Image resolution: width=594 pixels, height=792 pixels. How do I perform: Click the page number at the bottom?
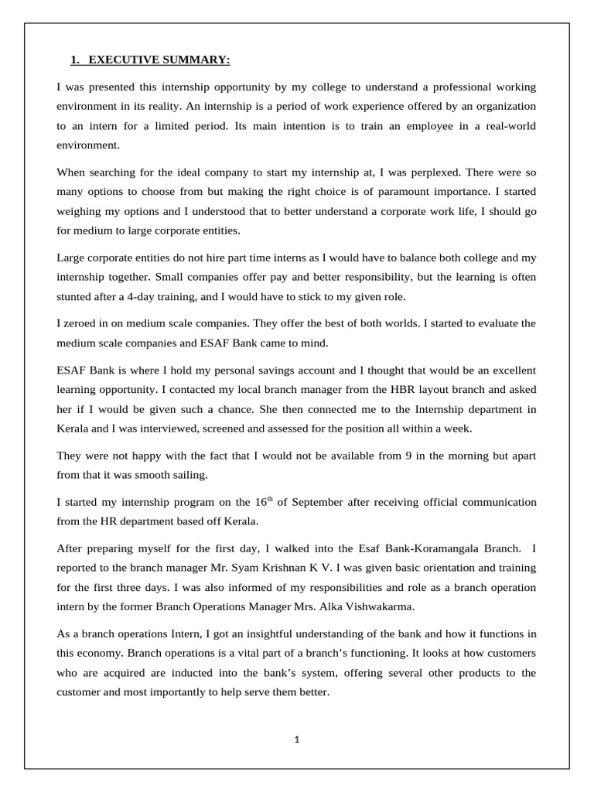click(x=296, y=739)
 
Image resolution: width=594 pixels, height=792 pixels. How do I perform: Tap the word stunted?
click(x=76, y=295)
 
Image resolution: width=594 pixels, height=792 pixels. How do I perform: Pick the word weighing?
click(x=78, y=211)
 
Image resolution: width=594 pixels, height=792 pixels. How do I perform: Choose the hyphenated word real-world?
click(x=507, y=125)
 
